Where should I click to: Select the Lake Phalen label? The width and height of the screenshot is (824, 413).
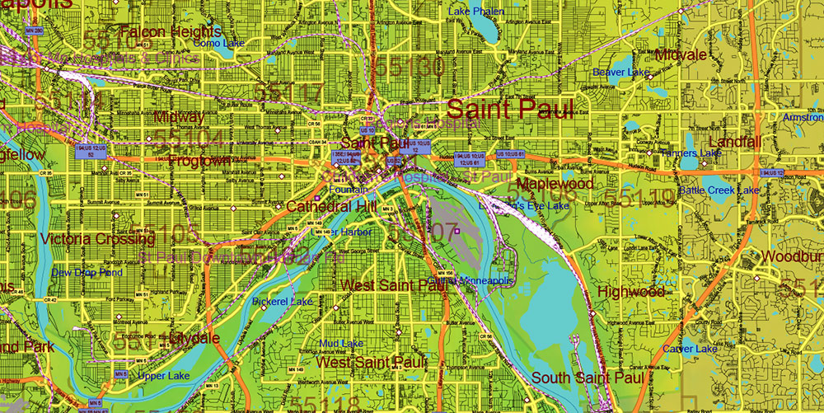point(476,12)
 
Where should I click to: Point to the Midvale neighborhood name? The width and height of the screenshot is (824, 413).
point(681,54)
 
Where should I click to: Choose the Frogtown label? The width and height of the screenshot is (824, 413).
point(199,161)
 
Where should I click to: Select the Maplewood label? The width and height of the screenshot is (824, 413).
point(555,183)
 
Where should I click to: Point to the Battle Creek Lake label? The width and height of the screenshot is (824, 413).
point(719,190)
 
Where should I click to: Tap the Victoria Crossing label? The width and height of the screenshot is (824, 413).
point(97,239)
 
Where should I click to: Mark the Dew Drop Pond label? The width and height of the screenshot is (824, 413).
point(87,272)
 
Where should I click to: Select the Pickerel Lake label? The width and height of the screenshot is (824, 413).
point(283,302)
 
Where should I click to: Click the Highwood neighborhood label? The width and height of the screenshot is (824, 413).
point(631,292)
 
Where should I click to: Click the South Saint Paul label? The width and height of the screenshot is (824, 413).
point(587,378)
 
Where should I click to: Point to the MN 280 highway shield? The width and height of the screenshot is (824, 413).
point(34,31)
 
